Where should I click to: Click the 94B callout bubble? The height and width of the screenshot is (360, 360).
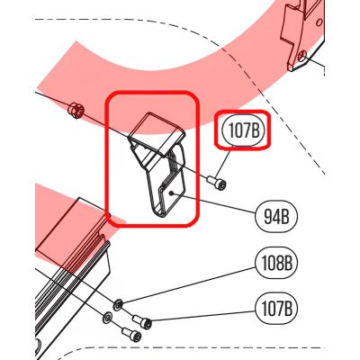pyautogui.click(x=276, y=216)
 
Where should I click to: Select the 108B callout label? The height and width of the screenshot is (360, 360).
pyautogui.click(x=276, y=263)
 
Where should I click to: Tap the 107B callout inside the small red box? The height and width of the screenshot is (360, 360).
pyautogui.click(x=244, y=130)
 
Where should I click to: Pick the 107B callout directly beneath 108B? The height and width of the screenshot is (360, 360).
pyautogui.click(x=276, y=309)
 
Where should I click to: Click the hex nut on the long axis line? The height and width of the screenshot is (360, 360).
pyautogui.click(x=76, y=110)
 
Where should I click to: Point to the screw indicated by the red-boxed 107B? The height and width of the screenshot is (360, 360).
pyautogui.click(x=216, y=183)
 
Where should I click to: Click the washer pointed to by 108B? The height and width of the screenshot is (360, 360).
pyautogui.click(x=118, y=304)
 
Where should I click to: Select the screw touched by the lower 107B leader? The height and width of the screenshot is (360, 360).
pyautogui.click(x=142, y=321)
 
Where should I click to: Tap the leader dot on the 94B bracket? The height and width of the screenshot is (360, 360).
pyautogui.click(x=170, y=193)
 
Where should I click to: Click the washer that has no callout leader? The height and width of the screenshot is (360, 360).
pyautogui.click(x=107, y=318)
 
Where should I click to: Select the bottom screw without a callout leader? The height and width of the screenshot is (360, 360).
pyautogui.click(x=131, y=334)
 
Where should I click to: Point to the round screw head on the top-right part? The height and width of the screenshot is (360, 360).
pyautogui.click(x=303, y=55)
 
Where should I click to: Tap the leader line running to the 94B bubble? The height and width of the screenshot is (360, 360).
pyautogui.click(x=214, y=203)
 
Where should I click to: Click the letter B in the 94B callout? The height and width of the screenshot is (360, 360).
pyautogui.click(x=284, y=217)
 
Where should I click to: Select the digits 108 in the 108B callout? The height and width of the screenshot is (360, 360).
pyautogui.click(x=272, y=263)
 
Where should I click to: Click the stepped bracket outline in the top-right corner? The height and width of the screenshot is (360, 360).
pyautogui.click(x=301, y=36)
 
